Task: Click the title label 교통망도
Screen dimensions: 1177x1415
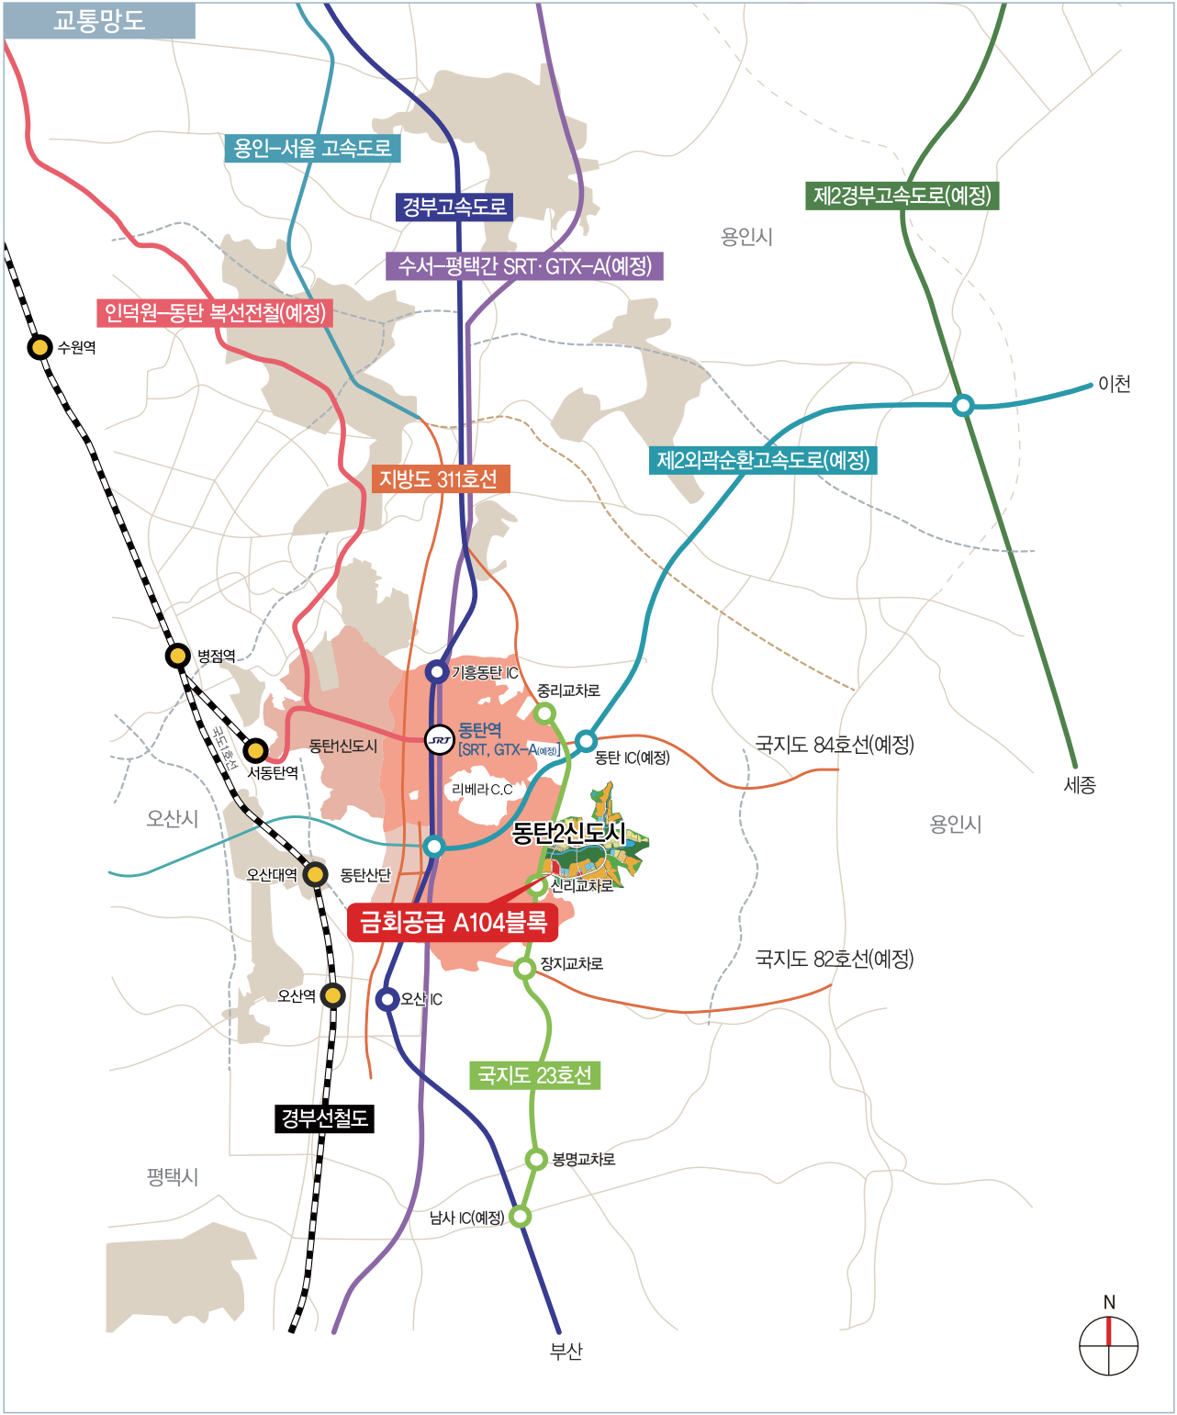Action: [x=99, y=20]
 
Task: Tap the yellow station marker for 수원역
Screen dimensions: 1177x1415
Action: [x=39, y=347]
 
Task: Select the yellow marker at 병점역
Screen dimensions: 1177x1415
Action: [x=178, y=656]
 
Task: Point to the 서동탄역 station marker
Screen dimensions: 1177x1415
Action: [x=255, y=750]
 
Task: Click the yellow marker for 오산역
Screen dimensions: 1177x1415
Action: [x=332, y=995]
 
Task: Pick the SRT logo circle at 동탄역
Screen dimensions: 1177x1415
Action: [x=440, y=739]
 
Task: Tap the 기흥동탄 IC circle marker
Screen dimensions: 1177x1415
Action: [x=437, y=672]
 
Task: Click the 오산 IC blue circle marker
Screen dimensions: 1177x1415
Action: [x=387, y=999]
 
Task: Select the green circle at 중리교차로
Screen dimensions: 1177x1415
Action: [x=544, y=713]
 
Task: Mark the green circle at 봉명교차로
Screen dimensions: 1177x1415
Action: [x=536, y=1159]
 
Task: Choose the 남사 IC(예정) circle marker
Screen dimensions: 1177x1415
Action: [x=520, y=1217]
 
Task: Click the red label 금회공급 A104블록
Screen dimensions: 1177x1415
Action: [x=453, y=922]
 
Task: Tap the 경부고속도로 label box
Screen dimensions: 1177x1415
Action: [x=454, y=207]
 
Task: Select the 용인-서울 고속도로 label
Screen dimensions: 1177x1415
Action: [x=312, y=148]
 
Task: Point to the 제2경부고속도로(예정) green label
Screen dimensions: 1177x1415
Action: [x=902, y=196]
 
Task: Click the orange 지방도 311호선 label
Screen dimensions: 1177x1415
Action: [x=440, y=478]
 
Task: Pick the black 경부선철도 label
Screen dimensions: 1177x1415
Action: [x=324, y=1118]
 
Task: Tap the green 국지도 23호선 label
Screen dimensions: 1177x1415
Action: [x=534, y=1075]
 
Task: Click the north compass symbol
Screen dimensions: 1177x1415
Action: [x=1108, y=1345]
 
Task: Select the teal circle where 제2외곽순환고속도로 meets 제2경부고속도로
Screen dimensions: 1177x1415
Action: [x=962, y=405]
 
